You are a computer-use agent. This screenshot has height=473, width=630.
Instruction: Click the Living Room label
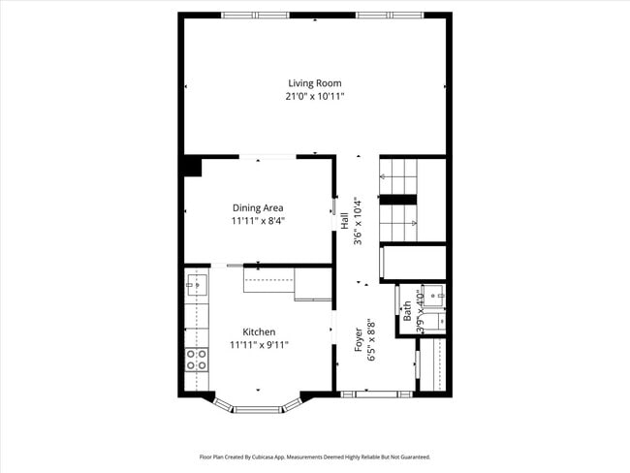point(314,83)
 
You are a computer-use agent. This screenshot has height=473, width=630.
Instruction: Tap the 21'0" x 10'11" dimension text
point(314,96)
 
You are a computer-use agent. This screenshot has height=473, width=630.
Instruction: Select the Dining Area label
point(257,207)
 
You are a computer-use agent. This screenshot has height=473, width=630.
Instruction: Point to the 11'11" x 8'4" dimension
point(257,220)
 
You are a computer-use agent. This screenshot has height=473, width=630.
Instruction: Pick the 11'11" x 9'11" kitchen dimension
point(259,344)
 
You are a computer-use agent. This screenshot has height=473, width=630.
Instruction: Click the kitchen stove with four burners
point(196,360)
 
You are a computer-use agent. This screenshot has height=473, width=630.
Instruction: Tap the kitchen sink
point(196,284)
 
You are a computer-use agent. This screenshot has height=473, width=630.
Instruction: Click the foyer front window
point(376,394)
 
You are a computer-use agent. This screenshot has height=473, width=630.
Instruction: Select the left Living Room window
point(254,15)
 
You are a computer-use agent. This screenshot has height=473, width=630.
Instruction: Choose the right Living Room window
point(388,15)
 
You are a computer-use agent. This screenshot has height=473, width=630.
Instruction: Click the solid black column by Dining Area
point(192,166)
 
